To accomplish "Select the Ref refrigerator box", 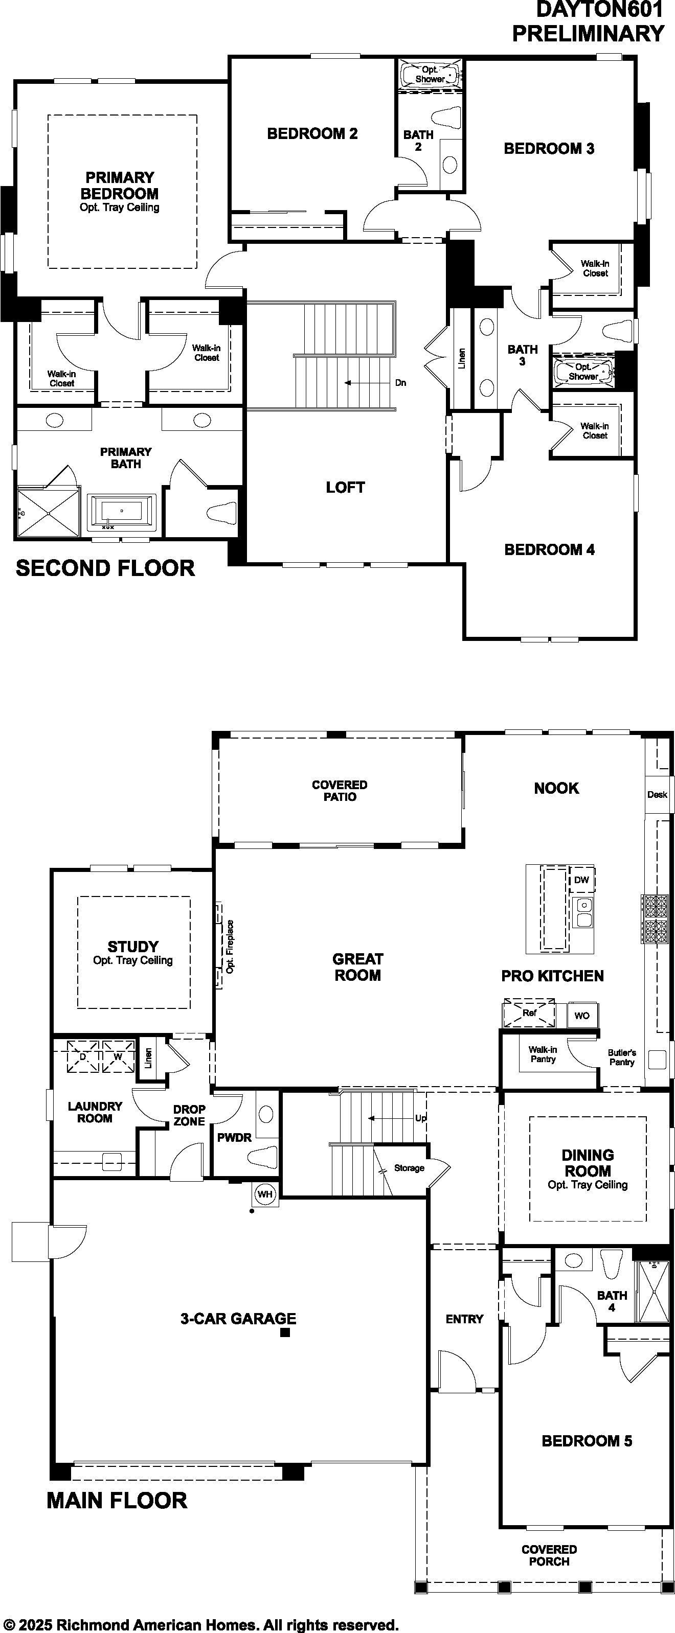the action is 529,1013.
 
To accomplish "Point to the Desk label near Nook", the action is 657,794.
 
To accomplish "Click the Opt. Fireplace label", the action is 230,947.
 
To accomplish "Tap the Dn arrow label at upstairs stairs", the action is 400,383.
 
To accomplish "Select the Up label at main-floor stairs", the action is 421,1118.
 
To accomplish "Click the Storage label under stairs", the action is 409,1168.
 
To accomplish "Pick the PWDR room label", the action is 234,1137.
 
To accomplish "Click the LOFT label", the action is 345,487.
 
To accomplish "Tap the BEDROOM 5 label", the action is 587,1440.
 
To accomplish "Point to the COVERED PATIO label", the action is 340,791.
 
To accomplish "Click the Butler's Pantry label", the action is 622,1057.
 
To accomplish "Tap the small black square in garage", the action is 285,1332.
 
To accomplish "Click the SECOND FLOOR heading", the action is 105,568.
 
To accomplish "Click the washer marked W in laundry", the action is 119,1057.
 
